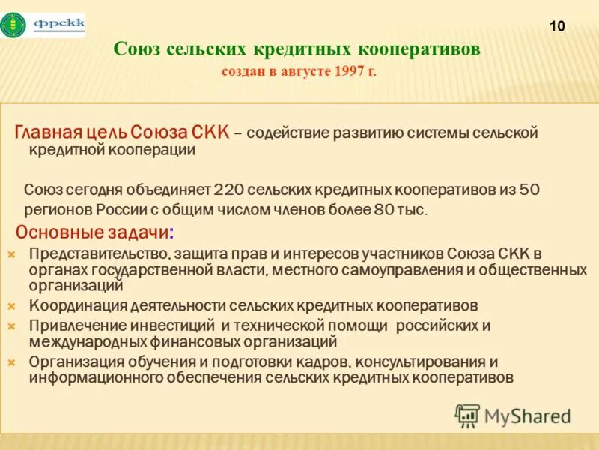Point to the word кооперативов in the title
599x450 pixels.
point(419,49)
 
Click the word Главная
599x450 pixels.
point(47,133)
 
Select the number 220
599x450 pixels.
point(229,190)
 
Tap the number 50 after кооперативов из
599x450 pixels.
point(529,190)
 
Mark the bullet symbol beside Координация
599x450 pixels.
point(11,306)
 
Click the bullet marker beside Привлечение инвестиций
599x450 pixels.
point(11,325)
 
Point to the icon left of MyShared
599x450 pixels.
point(468,415)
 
